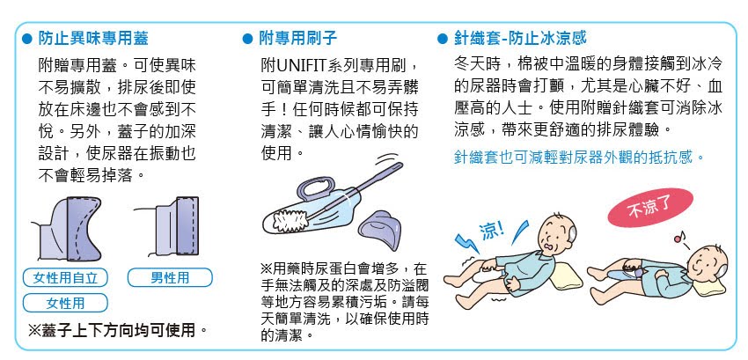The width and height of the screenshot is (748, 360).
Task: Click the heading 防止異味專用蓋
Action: pyautogui.click(x=92, y=38)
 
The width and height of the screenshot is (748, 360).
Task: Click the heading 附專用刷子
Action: pyautogui.click(x=298, y=38)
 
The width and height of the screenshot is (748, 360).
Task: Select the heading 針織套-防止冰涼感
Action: pyautogui.click(x=520, y=38)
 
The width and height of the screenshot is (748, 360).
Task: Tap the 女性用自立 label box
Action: pyautogui.click(x=65, y=277)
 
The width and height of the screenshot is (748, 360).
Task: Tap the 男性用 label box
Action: pyautogui.click(x=170, y=277)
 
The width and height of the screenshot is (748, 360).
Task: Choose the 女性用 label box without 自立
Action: pyautogui.click(x=65, y=303)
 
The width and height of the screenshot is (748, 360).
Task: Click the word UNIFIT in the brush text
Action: pyautogui.click(x=302, y=64)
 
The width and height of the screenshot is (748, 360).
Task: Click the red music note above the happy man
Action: pyautogui.click(x=679, y=237)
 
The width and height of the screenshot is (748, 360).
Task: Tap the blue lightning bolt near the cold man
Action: pyautogui.click(x=466, y=243)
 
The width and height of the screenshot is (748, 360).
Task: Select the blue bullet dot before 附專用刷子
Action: pyautogui.click(x=247, y=39)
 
